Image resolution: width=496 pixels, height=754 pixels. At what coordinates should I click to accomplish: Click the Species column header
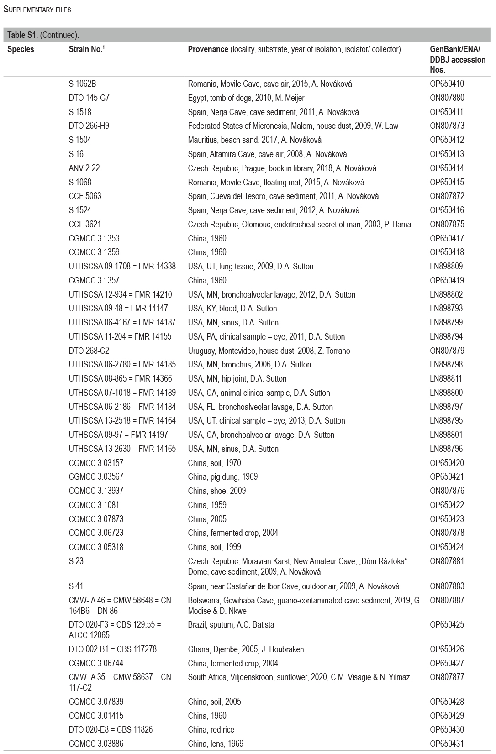click(21, 49)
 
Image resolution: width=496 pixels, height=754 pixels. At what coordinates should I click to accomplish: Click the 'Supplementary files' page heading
click(37, 9)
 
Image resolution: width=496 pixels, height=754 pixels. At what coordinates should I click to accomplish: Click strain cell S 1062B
click(82, 84)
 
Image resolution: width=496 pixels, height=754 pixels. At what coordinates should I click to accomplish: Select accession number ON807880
click(447, 98)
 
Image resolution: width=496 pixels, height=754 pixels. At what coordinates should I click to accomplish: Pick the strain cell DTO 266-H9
click(89, 126)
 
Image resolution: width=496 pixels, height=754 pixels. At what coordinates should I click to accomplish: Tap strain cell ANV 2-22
click(84, 168)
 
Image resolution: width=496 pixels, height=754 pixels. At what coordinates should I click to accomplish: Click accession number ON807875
click(447, 225)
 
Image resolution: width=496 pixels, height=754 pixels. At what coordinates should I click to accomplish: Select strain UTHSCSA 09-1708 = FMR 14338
click(122, 267)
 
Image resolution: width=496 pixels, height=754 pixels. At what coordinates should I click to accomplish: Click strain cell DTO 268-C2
click(89, 351)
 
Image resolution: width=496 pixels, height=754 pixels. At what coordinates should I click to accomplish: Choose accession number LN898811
click(446, 379)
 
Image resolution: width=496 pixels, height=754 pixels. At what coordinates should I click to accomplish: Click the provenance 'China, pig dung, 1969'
click(222, 477)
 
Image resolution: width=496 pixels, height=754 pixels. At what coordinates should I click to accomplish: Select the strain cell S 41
click(76, 586)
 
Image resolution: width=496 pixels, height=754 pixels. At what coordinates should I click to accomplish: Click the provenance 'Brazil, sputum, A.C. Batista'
click(231, 625)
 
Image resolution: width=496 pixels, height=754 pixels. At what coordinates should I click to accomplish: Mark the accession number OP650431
click(447, 744)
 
